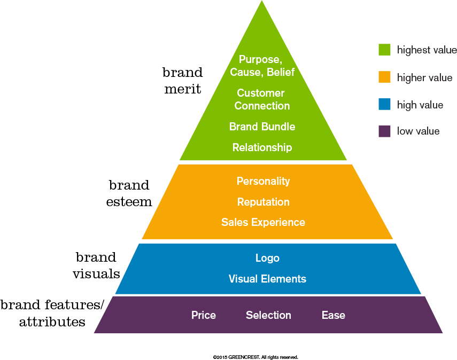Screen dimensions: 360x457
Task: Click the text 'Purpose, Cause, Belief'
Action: (x=262, y=66)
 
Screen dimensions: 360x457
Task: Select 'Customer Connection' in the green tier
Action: (x=261, y=99)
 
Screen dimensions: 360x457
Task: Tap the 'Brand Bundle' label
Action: (x=262, y=127)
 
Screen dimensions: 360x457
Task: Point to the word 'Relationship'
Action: (x=262, y=147)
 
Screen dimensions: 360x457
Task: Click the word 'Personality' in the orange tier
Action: (x=263, y=181)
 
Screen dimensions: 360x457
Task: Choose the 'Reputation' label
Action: (x=263, y=202)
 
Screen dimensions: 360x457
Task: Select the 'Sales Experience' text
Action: (x=263, y=222)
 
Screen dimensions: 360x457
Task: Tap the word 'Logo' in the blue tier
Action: (x=267, y=258)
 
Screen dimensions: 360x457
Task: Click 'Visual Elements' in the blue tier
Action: (x=267, y=279)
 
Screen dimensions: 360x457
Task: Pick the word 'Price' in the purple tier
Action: (x=204, y=315)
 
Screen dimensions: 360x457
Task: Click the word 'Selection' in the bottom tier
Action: (x=268, y=315)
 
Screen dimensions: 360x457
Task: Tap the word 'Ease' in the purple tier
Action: (x=333, y=315)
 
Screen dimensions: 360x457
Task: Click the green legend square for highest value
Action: (x=384, y=50)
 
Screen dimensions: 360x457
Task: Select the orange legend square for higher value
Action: (x=384, y=77)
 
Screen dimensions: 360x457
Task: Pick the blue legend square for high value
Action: (x=384, y=105)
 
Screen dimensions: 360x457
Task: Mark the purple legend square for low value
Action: (x=384, y=131)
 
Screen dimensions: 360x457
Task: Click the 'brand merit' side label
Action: (x=183, y=81)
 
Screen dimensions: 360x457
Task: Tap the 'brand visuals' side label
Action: (x=96, y=265)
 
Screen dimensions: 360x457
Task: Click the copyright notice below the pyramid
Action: (x=255, y=356)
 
